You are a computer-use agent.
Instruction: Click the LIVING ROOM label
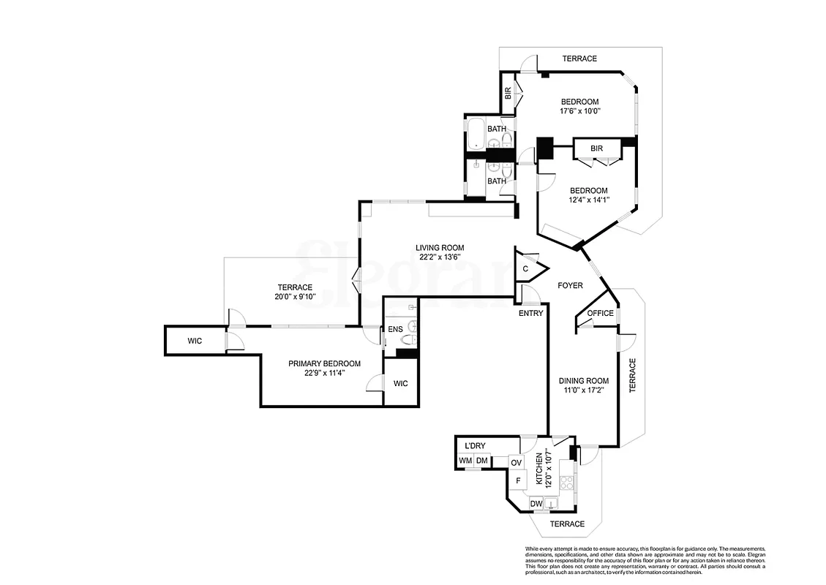tap(440, 247)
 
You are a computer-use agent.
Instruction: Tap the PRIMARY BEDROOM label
tap(324, 363)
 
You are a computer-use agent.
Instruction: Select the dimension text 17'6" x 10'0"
tap(579, 112)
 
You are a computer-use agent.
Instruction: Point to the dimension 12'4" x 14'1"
tap(589, 200)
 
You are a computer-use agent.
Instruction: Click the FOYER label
tap(570, 285)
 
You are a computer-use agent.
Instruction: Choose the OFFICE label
tap(601, 313)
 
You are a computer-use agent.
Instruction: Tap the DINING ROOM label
tap(583, 380)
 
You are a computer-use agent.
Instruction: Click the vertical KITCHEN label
tap(539, 469)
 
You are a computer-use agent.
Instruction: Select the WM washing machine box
tap(465, 461)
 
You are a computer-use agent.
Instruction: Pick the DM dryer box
tap(481, 461)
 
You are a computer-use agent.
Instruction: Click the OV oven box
tap(516, 463)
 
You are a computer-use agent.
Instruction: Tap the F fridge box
tap(518, 480)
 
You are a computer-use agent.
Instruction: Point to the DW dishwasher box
tap(536, 503)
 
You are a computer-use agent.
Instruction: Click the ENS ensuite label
tap(395, 329)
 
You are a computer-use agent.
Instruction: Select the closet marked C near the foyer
tap(526, 268)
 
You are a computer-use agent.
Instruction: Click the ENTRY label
tap(530, 313)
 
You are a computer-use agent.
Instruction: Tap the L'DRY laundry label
tap(475, 446)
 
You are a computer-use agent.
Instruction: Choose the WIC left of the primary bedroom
tap(194, 341)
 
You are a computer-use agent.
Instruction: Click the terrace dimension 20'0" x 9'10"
tap(295, 297)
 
